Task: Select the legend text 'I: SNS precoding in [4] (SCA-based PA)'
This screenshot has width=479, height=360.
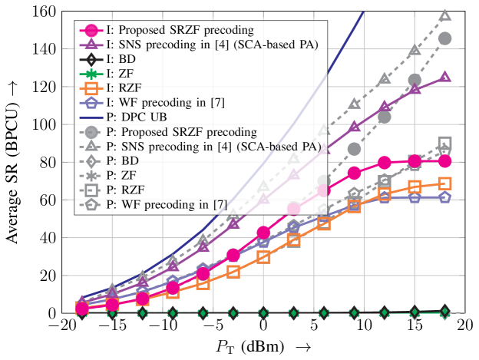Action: tap(212, 45)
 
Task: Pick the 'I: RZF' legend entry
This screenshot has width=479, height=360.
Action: tap(124, 88)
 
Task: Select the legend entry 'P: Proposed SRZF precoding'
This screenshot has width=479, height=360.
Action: tap(170, 132)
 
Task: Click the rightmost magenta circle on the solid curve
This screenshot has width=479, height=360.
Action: tap(444, 160)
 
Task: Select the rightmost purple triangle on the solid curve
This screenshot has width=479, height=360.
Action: tap(444, 78)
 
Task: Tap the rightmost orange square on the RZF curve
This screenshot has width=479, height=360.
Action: tap(444, 183)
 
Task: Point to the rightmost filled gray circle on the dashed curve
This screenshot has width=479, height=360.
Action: tap(444, 38)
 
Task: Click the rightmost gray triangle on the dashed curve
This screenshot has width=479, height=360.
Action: tap(444, 15)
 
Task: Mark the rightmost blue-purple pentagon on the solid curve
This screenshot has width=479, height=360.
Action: tap(444, 197)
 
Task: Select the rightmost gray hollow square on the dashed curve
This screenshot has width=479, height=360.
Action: tap(444, 144)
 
